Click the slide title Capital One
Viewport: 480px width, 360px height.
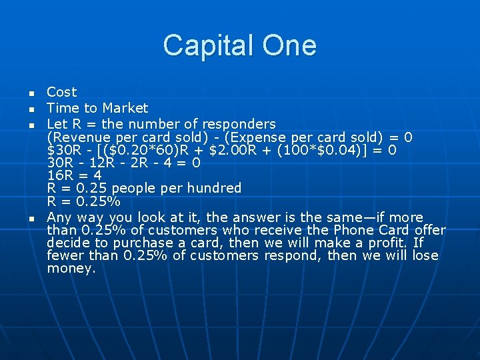tap(239, 45)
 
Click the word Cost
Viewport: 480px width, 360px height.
tap(62, 92)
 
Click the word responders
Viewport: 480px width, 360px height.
tap(241, 124)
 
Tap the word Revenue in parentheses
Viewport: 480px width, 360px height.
tap(78, 137)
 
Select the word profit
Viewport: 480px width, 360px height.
tap(386, 243)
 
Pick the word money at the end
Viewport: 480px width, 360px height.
tap(71, 269)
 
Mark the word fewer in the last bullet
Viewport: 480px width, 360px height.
tap(65, 257)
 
